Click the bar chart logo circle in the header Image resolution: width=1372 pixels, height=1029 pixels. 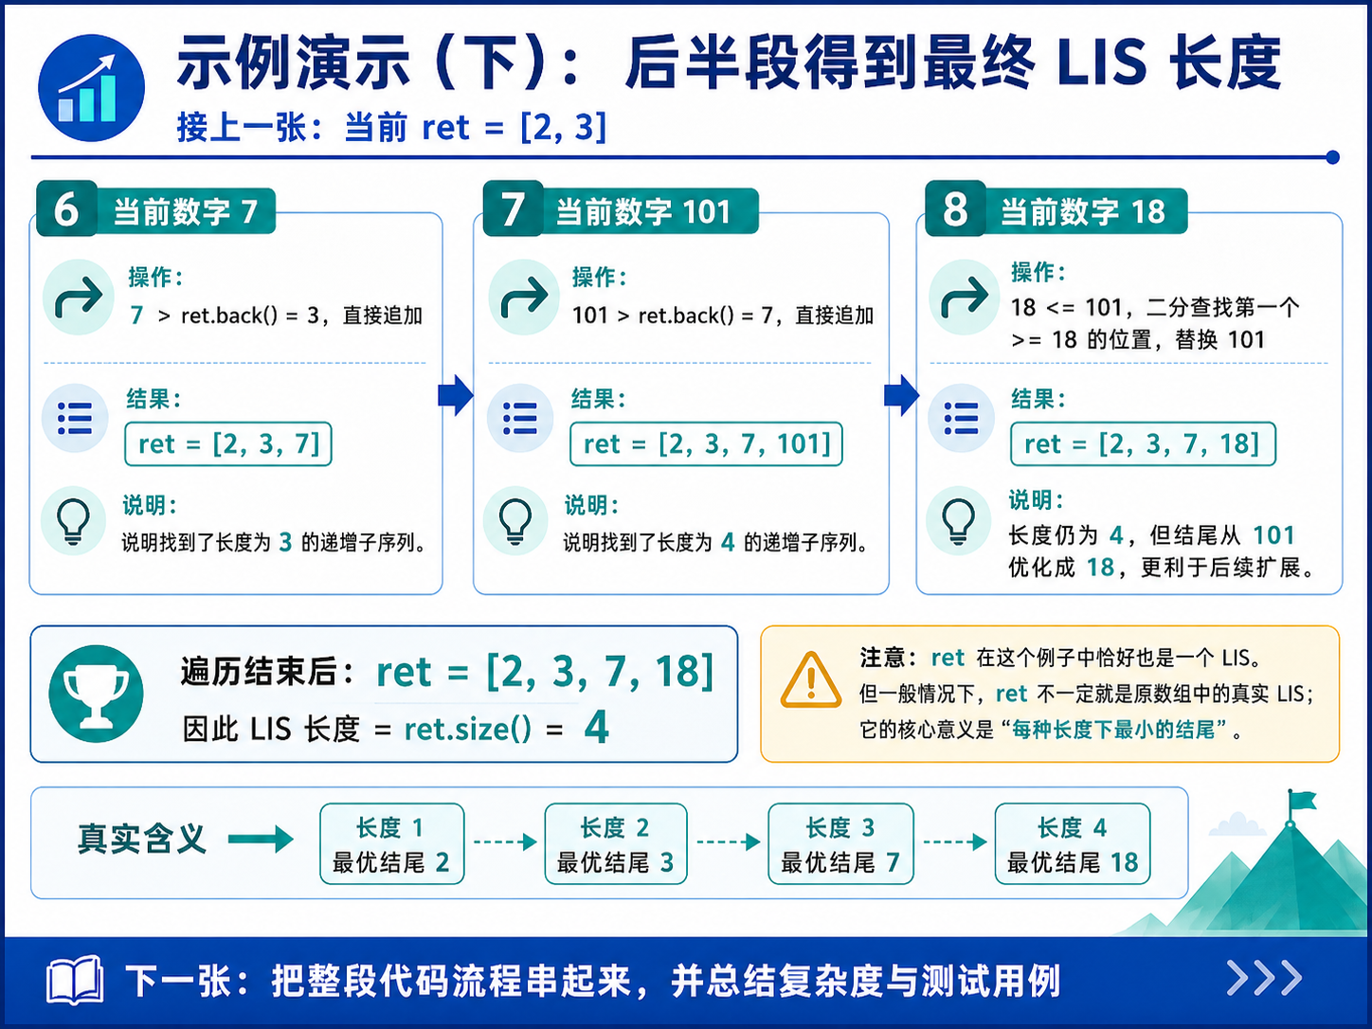click(91, 88)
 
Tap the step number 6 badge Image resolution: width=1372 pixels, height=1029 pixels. click(67, 208)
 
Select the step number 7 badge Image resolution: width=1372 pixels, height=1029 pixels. click(514, 208)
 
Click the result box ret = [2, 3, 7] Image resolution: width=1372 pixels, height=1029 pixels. click(228, 444)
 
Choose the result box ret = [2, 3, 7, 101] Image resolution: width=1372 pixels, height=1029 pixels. click(706, 444)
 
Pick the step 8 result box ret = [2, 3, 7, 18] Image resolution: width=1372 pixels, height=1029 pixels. click(1144, 444)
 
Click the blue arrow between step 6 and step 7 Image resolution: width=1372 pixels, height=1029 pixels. click(456, 395)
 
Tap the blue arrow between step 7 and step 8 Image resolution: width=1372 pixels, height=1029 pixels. click(901, 395)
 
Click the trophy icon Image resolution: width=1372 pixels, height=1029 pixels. click(97, 694)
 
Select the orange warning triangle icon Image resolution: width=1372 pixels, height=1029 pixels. click(811, 680)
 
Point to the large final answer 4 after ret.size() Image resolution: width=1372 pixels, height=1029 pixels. click(596, 728)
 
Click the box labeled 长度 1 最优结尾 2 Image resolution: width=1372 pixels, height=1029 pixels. click(392, 844)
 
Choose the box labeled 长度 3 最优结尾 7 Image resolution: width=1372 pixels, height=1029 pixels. click(840, 844)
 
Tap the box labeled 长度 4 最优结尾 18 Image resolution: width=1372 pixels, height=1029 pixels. click(1073, 844)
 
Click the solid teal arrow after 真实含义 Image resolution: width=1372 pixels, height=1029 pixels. click(261, 839)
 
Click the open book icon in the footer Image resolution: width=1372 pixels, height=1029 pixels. click(75, 981)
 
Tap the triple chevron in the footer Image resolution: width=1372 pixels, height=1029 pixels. click(1265, 979)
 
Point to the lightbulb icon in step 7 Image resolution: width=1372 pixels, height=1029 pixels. click(515, 522)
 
